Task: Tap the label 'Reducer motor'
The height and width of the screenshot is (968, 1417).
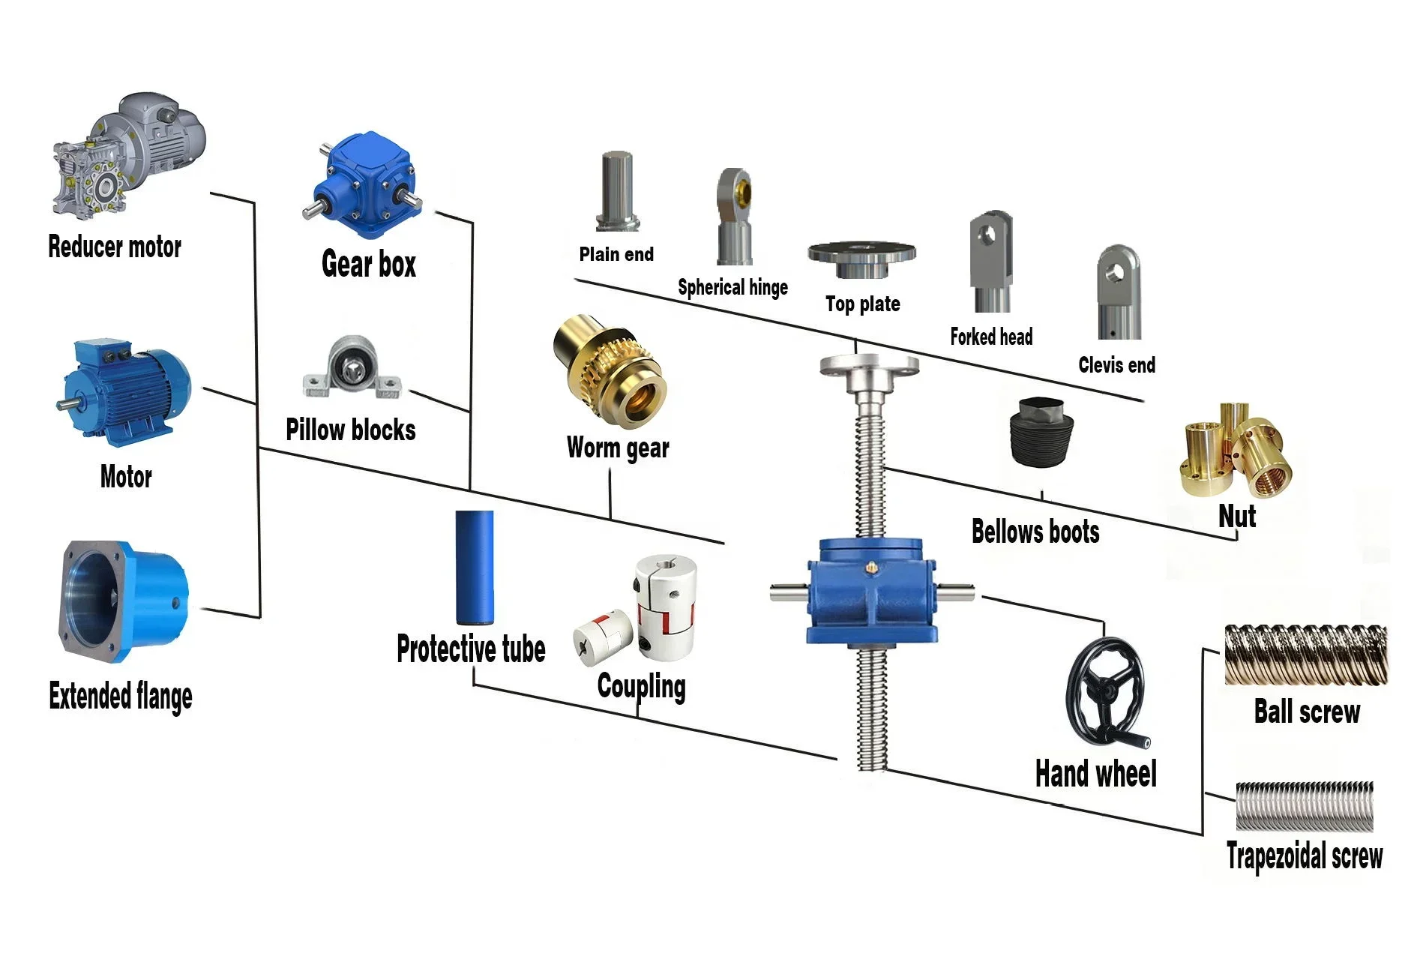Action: (x=115, y=247)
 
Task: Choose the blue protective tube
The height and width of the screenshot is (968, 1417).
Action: (x=475, y=567)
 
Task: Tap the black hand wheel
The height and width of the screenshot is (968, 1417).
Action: (x=1105, y=692)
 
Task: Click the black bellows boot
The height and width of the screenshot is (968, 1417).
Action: (x=1043, y=432)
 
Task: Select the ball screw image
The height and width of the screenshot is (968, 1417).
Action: (x=1305, y=655)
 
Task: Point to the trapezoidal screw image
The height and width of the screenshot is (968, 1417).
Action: (x=1304, y=806)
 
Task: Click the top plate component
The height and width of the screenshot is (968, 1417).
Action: (x=861, y=257)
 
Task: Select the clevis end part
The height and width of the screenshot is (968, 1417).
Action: (x=1119, y=292)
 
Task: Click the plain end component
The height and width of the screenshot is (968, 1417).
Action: (x=617, y=191)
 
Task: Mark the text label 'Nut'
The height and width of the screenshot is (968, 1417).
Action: (x=1236, y=517)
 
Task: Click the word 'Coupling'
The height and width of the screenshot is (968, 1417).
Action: (x=641, y=686)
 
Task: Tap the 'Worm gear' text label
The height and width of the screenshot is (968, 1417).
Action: (x=617, y=448)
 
